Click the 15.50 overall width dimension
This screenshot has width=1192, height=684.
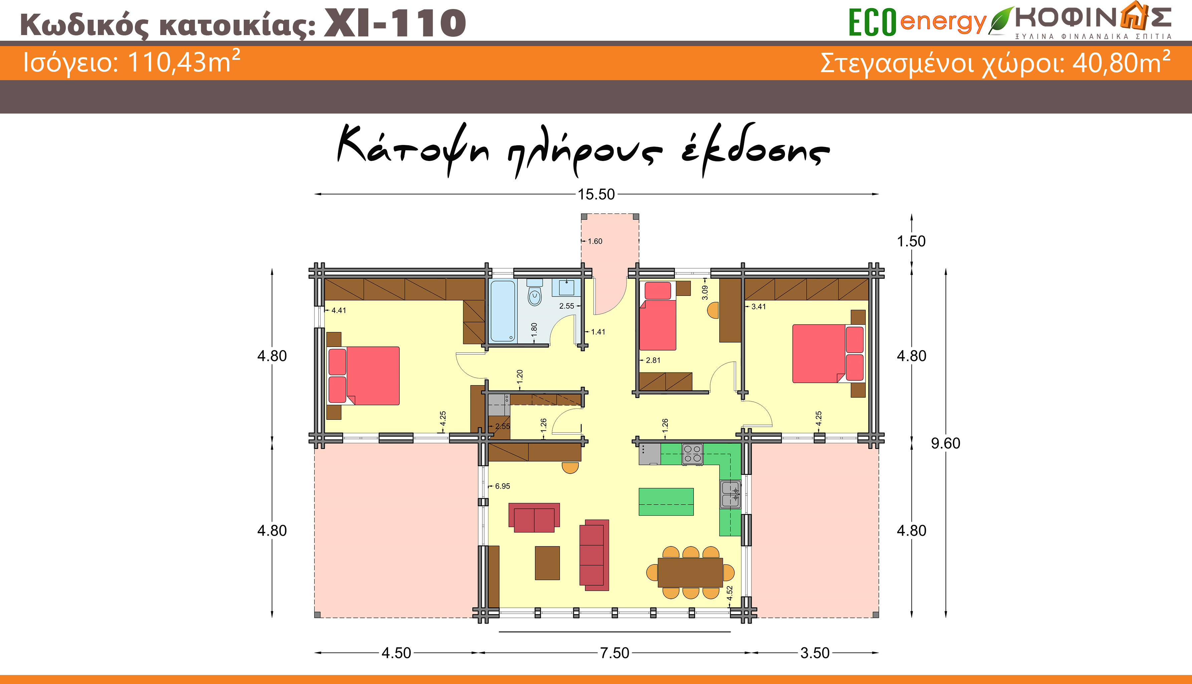point(596,194)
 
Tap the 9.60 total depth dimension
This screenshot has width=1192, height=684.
point(946,443)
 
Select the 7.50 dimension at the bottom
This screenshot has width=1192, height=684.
point(614,653)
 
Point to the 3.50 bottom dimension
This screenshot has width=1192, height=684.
point(815,653)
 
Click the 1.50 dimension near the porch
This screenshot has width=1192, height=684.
point(911,241)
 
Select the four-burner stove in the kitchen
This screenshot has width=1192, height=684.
point(692,454)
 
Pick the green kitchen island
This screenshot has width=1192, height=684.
point(666,502)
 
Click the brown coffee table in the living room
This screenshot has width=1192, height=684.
point(547,563)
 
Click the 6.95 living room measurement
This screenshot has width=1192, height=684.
point(502,486)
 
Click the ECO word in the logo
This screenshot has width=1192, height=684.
point(872,22)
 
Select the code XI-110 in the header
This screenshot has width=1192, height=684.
point(395,23)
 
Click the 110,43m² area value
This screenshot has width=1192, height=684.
point(184,61)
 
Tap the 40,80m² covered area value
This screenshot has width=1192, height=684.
point(1121,62)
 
